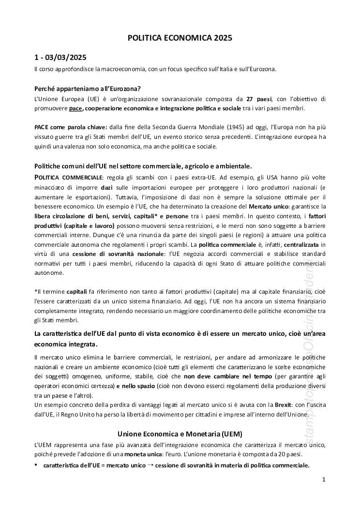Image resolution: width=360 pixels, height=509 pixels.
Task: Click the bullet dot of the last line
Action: [x=36, y=465]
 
